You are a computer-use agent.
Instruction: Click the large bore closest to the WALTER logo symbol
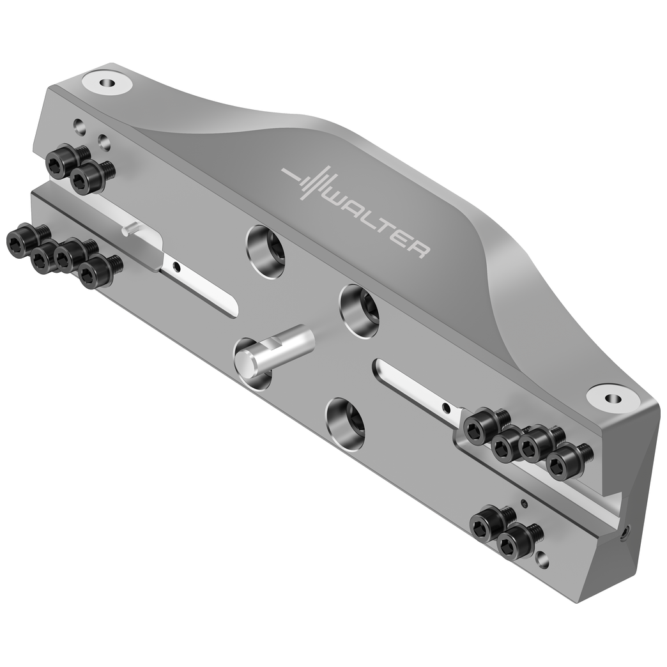pos(266,251)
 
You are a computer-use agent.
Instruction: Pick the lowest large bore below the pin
pos(346,424)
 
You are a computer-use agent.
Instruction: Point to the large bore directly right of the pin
pos(359,310)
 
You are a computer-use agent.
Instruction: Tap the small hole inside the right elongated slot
pos(446,408)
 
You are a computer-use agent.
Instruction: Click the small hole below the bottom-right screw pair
pos(542,561)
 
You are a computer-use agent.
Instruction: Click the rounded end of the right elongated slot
pos(381,367)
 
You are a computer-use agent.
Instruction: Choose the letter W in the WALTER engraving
pos(339,204)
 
